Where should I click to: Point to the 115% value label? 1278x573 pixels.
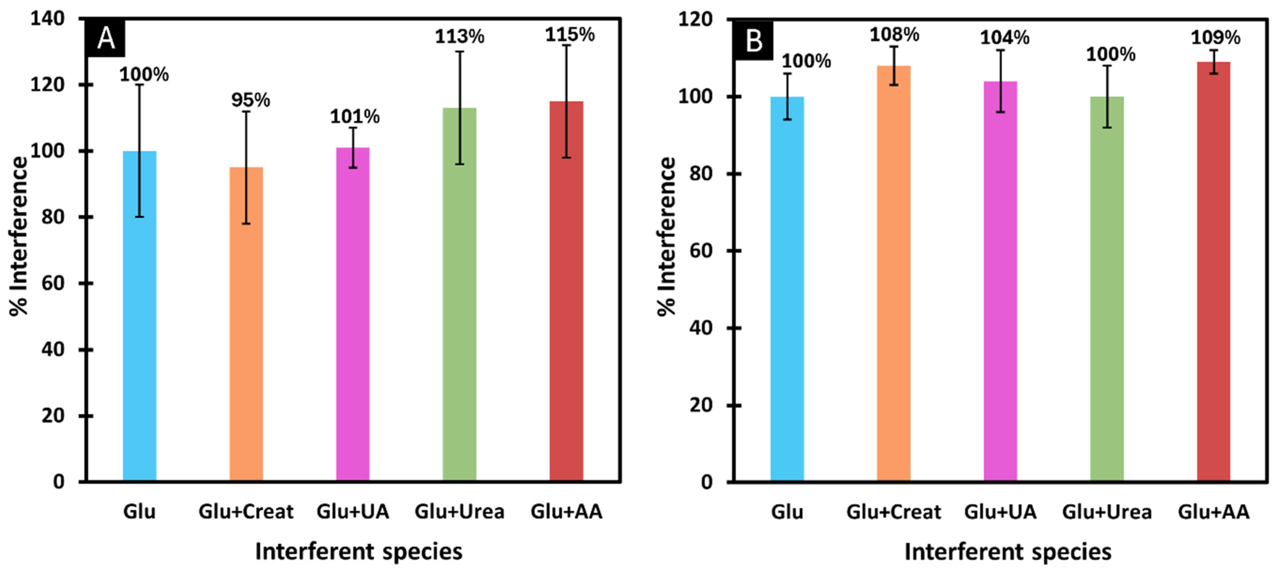(569, 35)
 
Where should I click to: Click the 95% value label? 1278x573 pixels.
(250, 100)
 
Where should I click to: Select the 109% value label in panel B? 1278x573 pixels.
(1216, 38)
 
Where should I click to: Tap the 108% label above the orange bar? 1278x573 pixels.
(894, 35)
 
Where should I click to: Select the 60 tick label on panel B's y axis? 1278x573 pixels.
(702, 251)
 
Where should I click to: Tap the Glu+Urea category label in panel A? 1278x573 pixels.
(460, 511)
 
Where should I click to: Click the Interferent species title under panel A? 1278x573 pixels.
(359, 552)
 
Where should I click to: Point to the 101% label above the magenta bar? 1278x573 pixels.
(355, 117)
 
